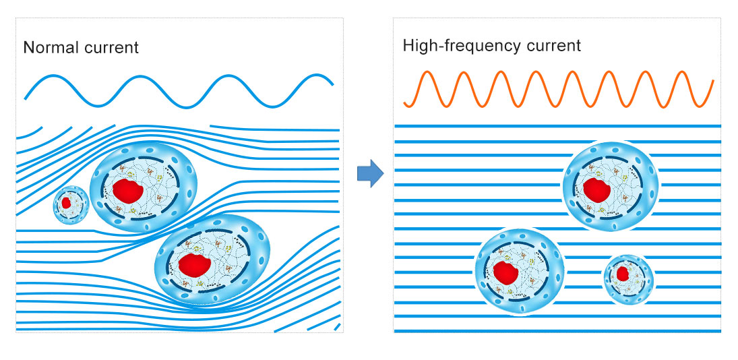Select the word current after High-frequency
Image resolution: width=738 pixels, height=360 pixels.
click(x=550, y=47)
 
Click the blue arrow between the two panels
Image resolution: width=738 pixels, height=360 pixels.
click(x=369, y=175)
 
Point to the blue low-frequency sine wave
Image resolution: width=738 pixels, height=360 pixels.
click(x=179, y=90)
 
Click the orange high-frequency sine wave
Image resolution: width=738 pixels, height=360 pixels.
click(x=558, y=88)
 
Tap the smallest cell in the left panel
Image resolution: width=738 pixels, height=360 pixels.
click(x=71, y=203)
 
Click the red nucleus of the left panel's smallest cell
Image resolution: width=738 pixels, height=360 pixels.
click(x=66, y=202)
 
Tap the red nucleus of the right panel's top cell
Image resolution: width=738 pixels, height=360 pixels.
click(x=596, y=189)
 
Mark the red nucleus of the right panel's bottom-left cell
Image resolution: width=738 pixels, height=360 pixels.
click(x=505, y=272)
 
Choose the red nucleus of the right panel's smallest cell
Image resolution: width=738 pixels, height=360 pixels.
click(x=623, y=274)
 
